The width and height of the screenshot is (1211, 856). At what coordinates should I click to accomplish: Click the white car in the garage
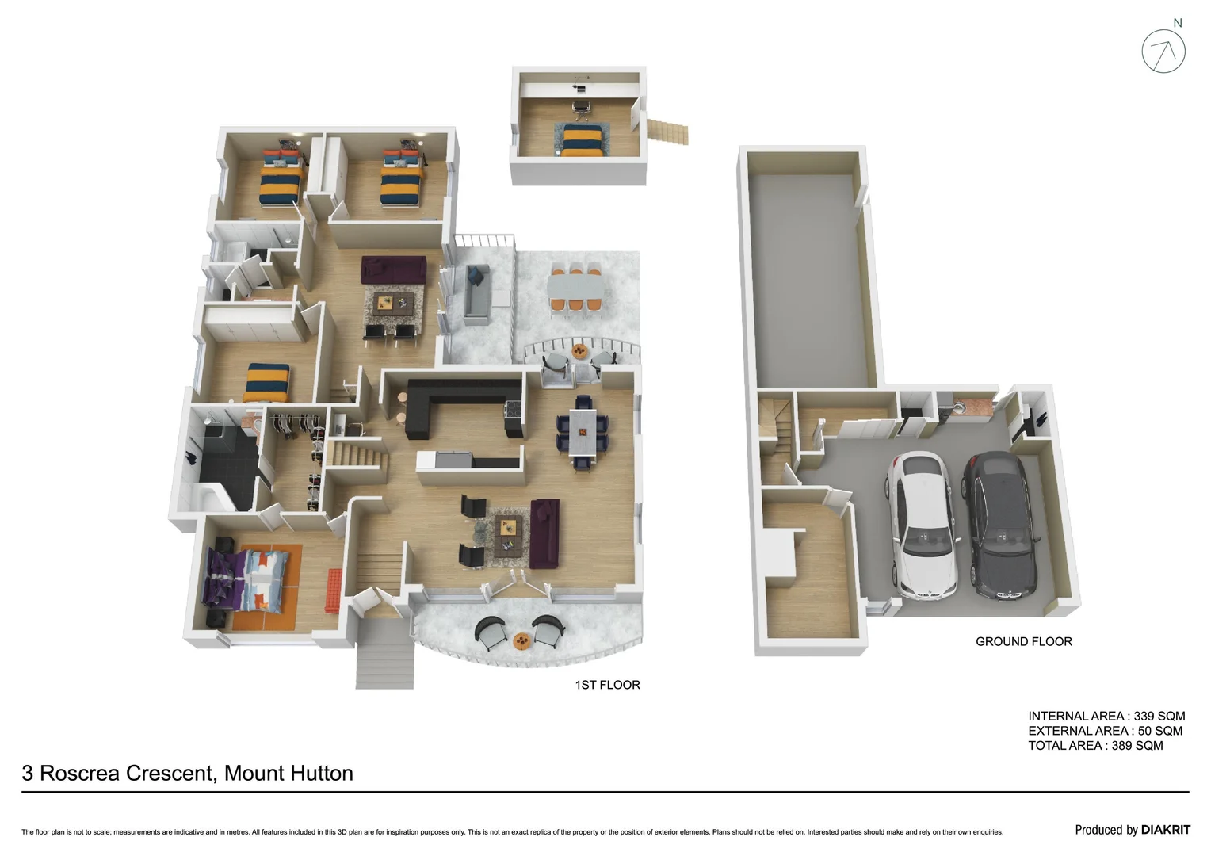[921, 527]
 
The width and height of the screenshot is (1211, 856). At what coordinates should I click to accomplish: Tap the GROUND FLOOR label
[1023, 642]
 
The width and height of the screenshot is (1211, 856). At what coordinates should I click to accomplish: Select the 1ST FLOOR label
[607, 685]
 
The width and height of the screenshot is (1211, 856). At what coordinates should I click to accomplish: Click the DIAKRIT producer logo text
[1165, 830]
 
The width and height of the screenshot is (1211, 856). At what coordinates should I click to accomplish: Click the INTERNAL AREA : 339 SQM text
[1106, 716]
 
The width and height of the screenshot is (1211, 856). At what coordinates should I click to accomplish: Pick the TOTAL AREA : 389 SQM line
[1095, 746]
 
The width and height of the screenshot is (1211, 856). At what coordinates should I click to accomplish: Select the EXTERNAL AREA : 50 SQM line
[1105, 731]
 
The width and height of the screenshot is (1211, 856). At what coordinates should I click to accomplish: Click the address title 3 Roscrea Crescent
[187, 774]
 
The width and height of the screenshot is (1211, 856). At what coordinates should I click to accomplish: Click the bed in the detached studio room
[583, 139]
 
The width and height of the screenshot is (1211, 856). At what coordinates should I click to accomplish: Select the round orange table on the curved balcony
[521, 640]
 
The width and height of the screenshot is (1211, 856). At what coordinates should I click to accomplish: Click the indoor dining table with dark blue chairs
[583, 432]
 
